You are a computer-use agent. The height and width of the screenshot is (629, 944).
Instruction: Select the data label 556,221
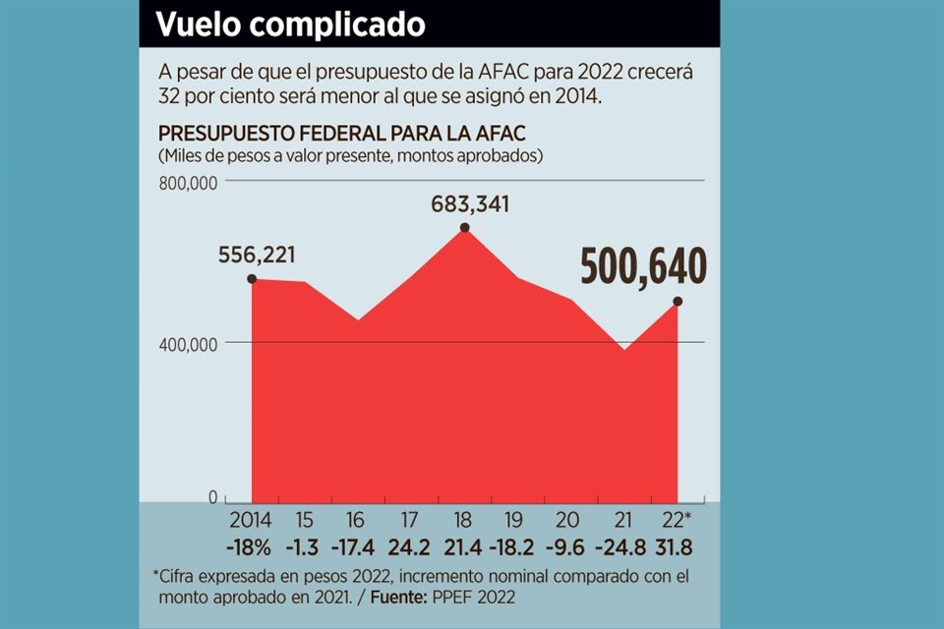pyautogui.click(x=257, y=256)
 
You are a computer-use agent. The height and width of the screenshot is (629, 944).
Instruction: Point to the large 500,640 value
pyautogui.click(x=643, y=266)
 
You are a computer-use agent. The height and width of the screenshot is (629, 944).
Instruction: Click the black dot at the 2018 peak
pyautogui.click(x=464, y=228)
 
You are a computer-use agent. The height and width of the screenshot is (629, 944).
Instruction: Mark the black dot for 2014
pyautogui.click(x=252, y=279)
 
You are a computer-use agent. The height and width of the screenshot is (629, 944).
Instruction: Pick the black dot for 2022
pyautogui.click(x=678, y=301)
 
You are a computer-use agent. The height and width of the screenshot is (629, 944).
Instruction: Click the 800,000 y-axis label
pyautogui.click(x=187, y=182)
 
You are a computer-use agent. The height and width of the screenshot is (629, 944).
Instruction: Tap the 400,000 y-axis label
pyautogui.click(x=187, y=344)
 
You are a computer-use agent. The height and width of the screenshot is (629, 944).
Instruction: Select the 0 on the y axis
pyautogui.click(x=212, y=497)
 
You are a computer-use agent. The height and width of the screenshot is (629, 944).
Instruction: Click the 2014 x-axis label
pyautogui.click(x=252, y=520)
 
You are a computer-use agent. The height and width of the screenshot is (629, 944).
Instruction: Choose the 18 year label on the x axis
pyautogui.click(x=464, y=520)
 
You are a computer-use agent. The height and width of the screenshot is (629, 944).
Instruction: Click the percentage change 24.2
pyautogui.click(x=411, y=546)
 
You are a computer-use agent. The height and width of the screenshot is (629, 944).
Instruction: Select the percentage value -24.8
pyautogui.click(x=623, y=546)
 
